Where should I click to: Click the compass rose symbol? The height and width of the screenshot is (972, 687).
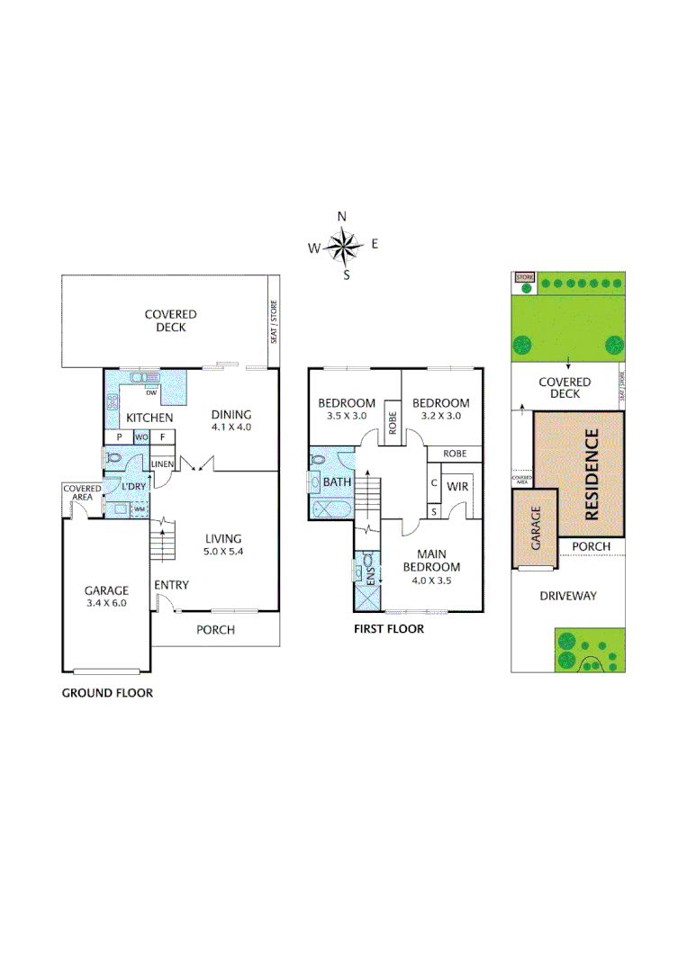(x=342, y=245)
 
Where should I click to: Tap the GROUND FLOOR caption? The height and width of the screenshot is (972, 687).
(x=107, y=693)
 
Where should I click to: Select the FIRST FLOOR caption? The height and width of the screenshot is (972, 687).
(x=389, y=629)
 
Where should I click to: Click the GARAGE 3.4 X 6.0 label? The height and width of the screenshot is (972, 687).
(x=106, y=597)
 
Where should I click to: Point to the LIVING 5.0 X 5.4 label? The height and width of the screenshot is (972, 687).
(x=223, y=545)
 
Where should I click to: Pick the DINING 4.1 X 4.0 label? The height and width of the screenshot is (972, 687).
(x=231, y=420)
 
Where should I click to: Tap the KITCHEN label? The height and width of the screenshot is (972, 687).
(x=149, y=418)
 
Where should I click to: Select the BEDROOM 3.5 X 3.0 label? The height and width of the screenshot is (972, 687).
(x=347, y=409)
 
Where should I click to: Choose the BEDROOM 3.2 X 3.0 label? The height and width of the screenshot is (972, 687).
(x=441, y=409)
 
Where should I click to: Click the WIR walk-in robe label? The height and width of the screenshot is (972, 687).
(x=457, y=487)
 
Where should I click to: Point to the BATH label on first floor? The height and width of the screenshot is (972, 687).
(x=337, y=482)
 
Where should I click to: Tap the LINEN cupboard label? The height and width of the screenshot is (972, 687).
(x=162, y=464)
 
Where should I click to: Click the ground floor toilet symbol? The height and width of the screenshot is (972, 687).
(x=113, y=459)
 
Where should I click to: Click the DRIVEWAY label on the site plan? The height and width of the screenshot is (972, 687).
(x=568, y=596)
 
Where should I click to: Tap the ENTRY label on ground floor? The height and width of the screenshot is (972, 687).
(x=171, y=585)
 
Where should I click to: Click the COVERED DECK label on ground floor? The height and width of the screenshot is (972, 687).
(x=170, y=320)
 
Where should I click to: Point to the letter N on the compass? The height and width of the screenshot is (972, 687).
(x=341, y=216)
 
